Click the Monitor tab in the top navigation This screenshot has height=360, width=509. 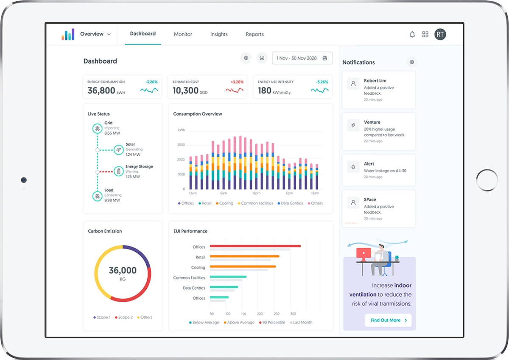(183, 34)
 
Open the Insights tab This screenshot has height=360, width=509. (219, 34)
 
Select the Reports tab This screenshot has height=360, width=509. (255, 34)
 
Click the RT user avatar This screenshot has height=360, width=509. (440, 34)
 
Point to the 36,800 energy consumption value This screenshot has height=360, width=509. (101, 90)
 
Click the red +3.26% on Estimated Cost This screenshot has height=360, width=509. (237, 82)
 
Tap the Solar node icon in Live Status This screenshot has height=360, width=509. (119, 150)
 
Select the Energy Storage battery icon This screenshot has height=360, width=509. (119, 172)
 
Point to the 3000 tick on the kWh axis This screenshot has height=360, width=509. (181, 145)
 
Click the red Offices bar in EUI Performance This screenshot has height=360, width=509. (255, 246)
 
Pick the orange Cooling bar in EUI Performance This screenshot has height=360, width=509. (243, 267)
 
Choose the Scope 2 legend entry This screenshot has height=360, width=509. (123, 318)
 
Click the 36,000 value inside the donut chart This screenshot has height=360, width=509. (123, 270)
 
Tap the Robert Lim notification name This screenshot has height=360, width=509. (375, 81)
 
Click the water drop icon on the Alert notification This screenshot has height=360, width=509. (353, 166)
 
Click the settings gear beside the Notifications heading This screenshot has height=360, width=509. (411, 62)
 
